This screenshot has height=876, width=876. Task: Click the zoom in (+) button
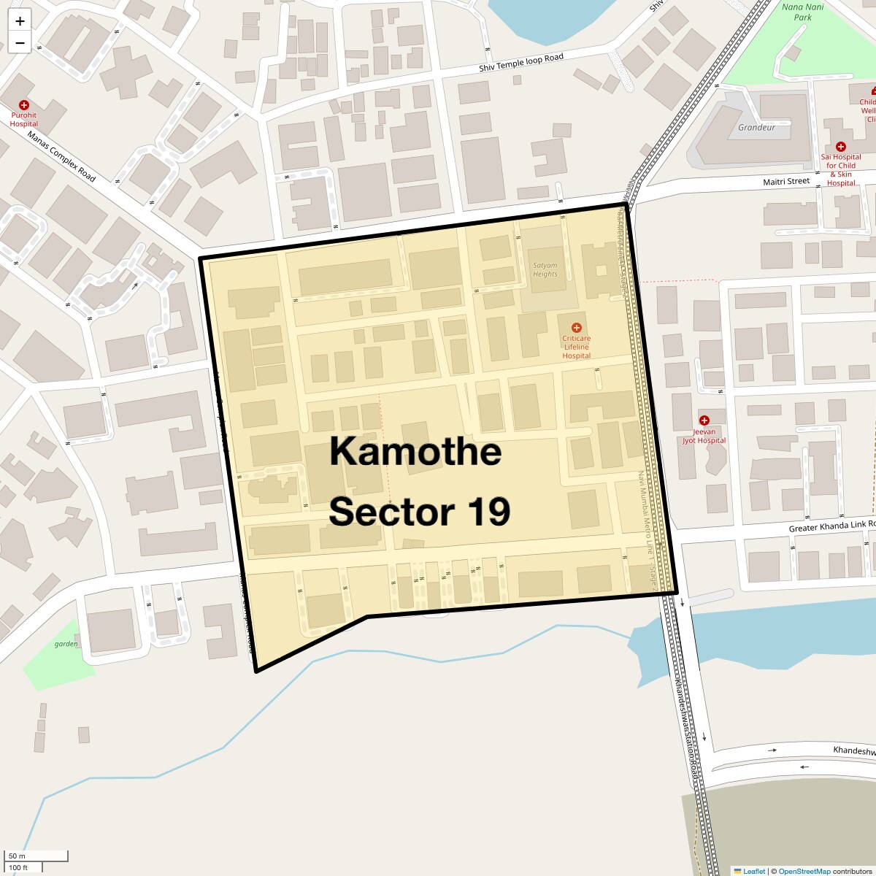tap(20, 21)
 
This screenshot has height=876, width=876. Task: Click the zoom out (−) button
tap(20, 43)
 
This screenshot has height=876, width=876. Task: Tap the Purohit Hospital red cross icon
tap(24, 105)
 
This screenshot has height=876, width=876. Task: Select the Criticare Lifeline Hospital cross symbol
tap(576, 328)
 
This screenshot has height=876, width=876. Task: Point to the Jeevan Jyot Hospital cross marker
tap(704, 420)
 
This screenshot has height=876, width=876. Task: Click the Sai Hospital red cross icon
tap(840, 147)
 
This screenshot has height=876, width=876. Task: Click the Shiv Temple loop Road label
tap(521, 63)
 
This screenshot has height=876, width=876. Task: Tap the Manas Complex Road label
tap(61, 156)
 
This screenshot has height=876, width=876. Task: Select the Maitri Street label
tap(786, 181)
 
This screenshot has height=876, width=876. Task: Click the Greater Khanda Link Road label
tap(831, 526)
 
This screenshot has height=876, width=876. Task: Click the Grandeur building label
tap(756, 128)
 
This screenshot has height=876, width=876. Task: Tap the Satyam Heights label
tap(545, 269)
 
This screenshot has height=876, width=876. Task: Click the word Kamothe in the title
tap(415, 451)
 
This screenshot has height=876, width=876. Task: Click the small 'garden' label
tap(66, 644)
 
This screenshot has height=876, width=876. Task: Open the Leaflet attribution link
tap(753, 871)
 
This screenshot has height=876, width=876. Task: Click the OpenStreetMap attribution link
tap(804, 871)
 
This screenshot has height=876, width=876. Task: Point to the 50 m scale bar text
tap(17, 856)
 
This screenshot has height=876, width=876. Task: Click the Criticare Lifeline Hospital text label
tap(576, 347)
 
